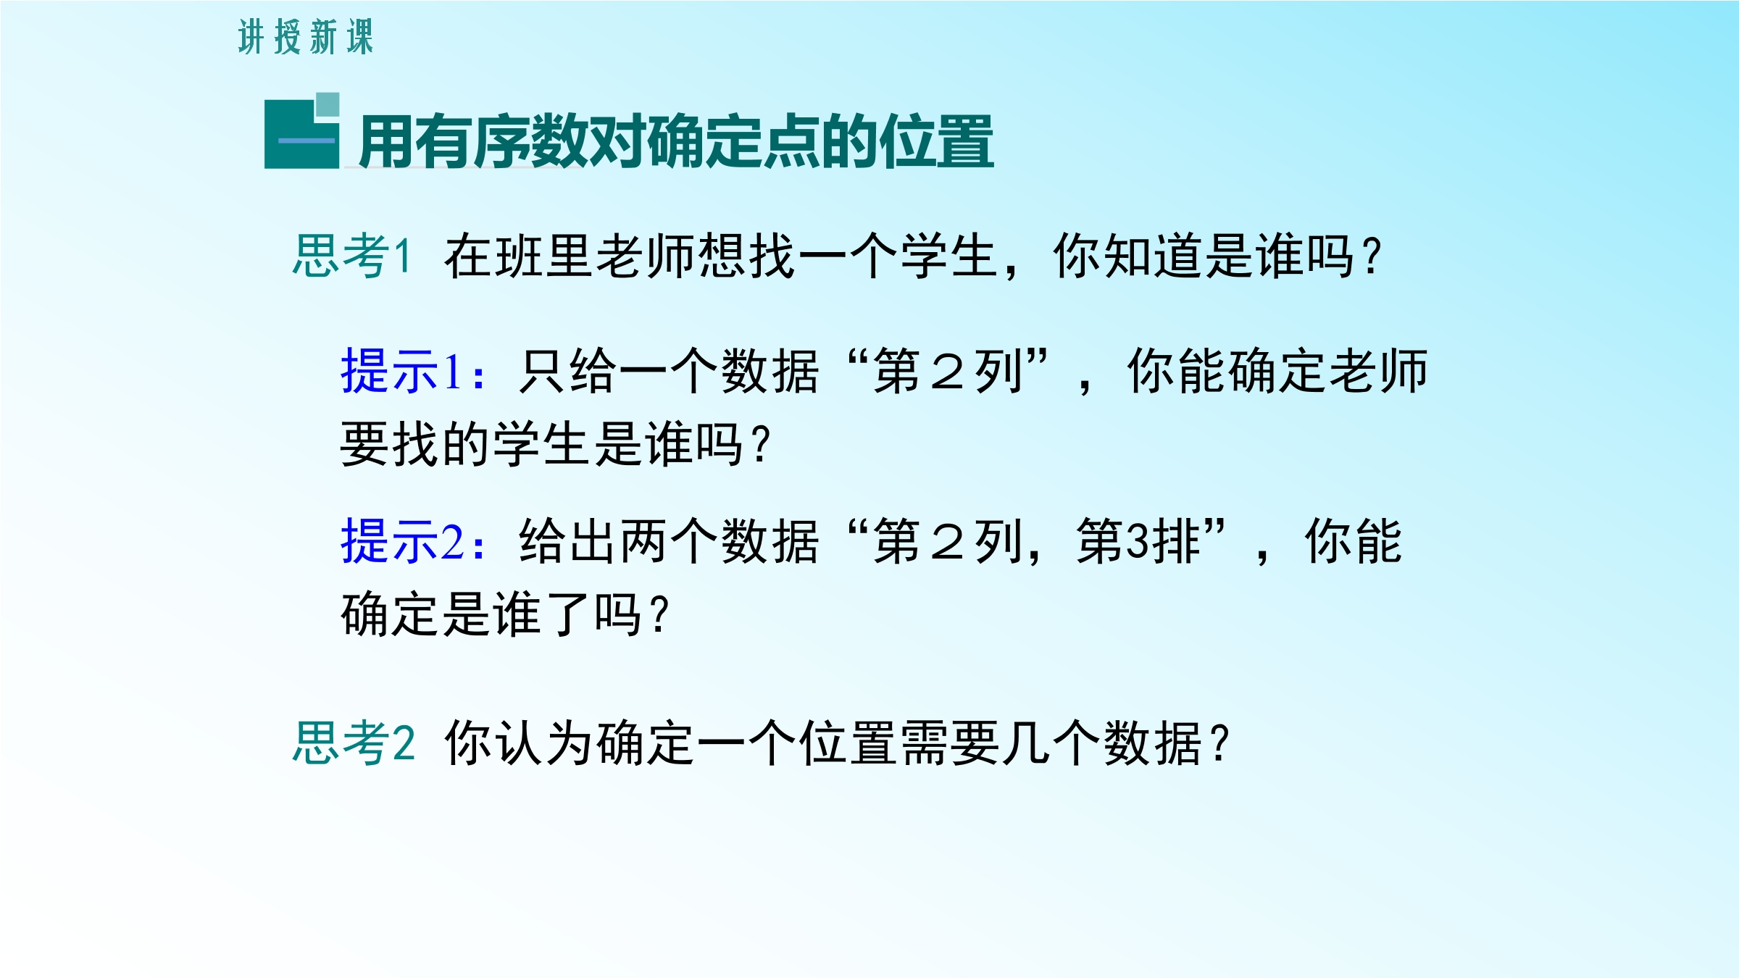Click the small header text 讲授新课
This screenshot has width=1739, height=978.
306,37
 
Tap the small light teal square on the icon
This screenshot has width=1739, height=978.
328,104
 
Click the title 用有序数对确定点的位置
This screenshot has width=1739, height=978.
676,142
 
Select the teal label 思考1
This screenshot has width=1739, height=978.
352,256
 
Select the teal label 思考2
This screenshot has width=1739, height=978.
354,743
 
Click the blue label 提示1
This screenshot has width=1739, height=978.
412,371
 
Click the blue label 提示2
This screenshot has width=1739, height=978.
413,540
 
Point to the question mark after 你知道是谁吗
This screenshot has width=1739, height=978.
1372,256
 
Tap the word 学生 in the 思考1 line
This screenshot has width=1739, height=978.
949,256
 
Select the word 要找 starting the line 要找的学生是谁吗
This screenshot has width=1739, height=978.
390,443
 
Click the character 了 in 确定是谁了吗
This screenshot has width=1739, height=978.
568,613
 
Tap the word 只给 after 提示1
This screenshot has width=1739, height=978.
568,371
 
